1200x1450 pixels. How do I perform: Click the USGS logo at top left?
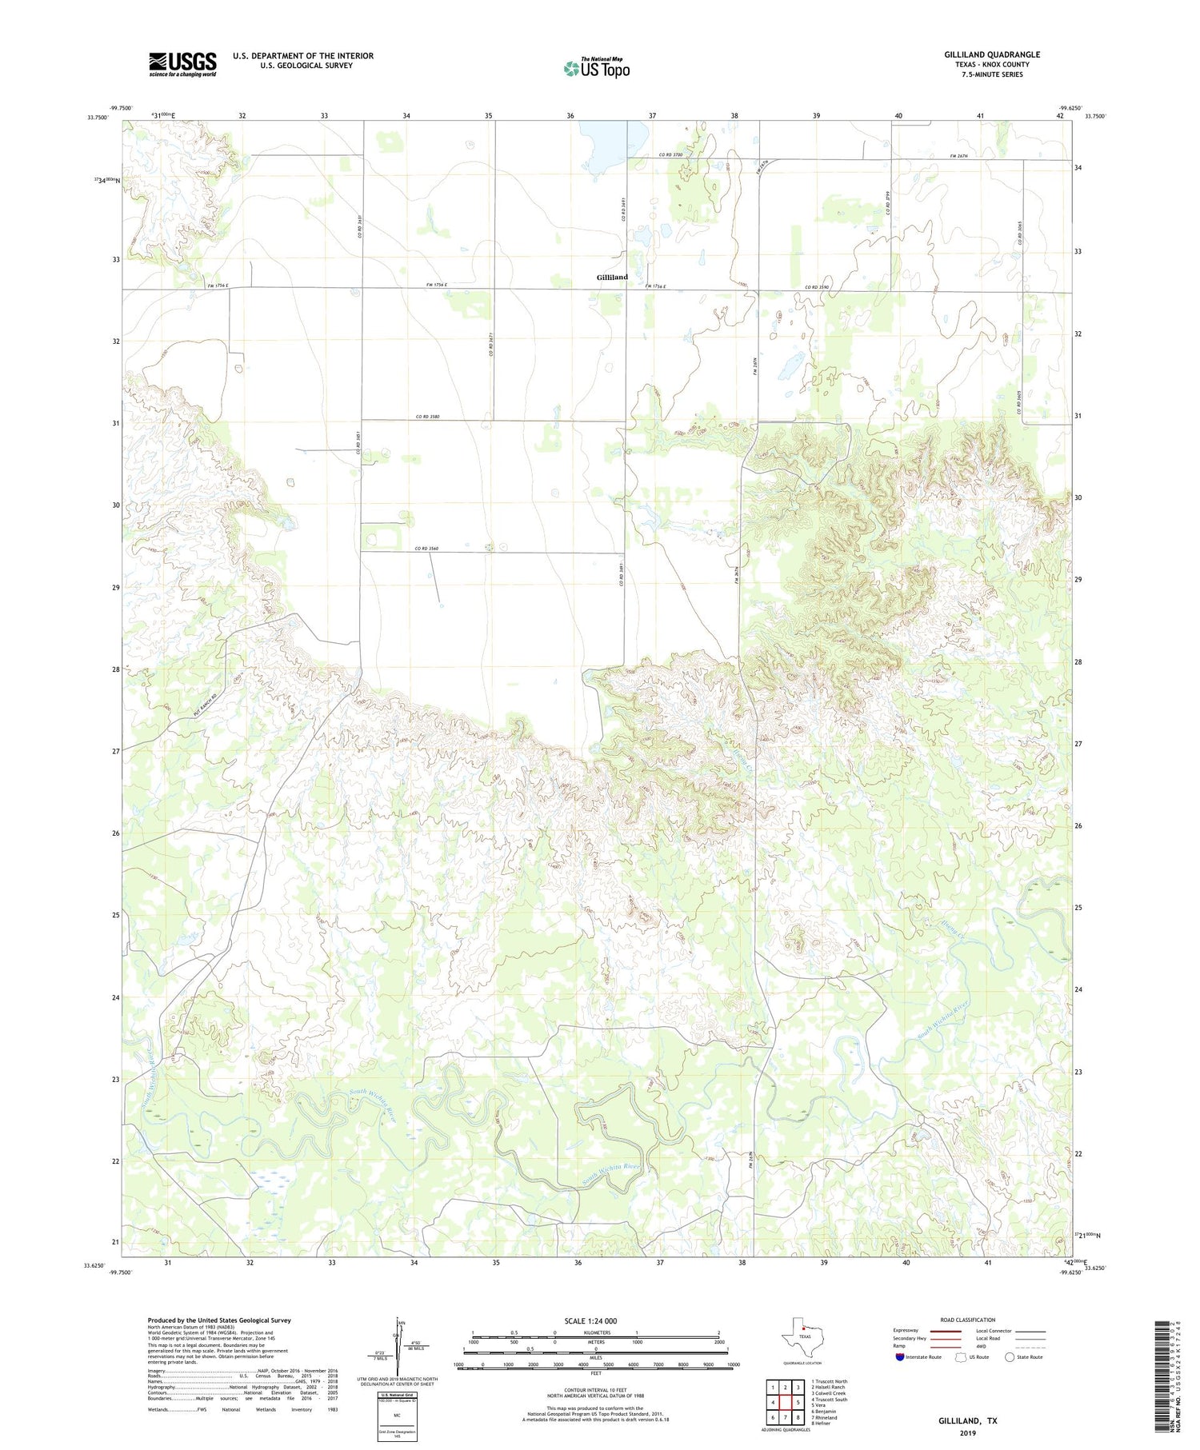pos(182,64)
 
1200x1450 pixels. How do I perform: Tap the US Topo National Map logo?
pos(596,68)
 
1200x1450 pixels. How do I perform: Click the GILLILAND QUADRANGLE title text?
pos(991,54)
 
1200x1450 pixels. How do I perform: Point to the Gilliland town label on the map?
pos(612,277)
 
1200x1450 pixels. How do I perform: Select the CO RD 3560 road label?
pos(427,549)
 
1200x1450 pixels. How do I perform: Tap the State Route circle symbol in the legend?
pos(1010,1357)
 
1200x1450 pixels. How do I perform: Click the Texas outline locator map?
pos(800,1336)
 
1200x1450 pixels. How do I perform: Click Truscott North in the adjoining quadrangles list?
pos(830,1381)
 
